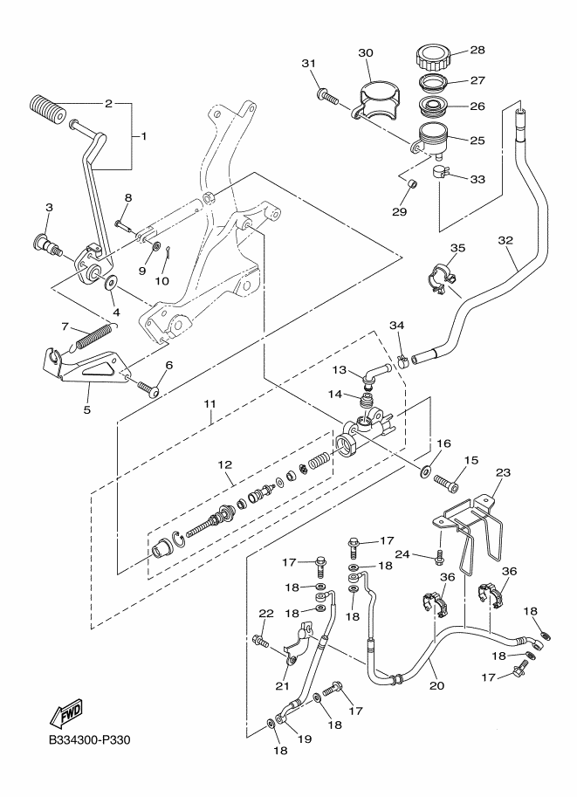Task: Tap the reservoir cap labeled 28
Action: pyautogui.click(x=432, y=57)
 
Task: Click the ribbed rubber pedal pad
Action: pyautogui.click(x=47, y=111)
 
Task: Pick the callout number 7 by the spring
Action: pyautogui.click(x=65, y=326)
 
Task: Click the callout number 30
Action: pyautogui.click(x=365, y=51)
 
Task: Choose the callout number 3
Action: pyautogui.click(x=49, y=207)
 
